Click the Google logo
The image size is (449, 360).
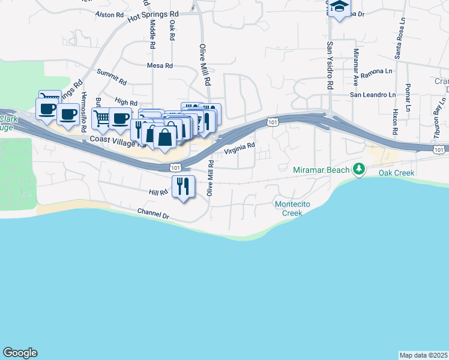tap(20, 353)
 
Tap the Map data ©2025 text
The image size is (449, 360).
tap(423, 355)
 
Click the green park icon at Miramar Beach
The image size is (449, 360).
tap(359, 170)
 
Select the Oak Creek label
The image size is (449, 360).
tap(396, 173)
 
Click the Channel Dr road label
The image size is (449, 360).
tap(153, 212)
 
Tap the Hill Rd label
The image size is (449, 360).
tap(158, 192)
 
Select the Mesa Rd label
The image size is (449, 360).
tap(160, 65)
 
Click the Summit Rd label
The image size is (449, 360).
tap(112, 77)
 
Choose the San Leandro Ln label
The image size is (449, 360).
tap(373, 95)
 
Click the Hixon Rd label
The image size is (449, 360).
tap(395, 122)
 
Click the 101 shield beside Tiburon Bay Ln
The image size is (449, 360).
tap(439, 149)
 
